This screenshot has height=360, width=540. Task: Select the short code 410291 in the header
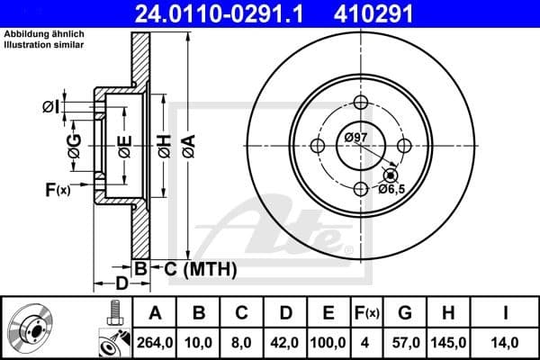tap(403, 13)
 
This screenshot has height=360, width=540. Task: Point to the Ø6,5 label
tap(391, 189)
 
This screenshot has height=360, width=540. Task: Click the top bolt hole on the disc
tap(361, 102)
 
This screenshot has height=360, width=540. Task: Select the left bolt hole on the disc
tap(318, 145)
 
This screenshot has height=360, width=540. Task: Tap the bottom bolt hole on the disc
tap(361, 188)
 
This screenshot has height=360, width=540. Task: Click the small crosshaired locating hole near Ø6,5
tap(390, 174)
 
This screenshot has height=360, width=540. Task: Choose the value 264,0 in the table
tap(155, 341)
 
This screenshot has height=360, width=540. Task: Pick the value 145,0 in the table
tap(448, 341)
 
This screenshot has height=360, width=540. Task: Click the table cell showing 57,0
tap(405, 341)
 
